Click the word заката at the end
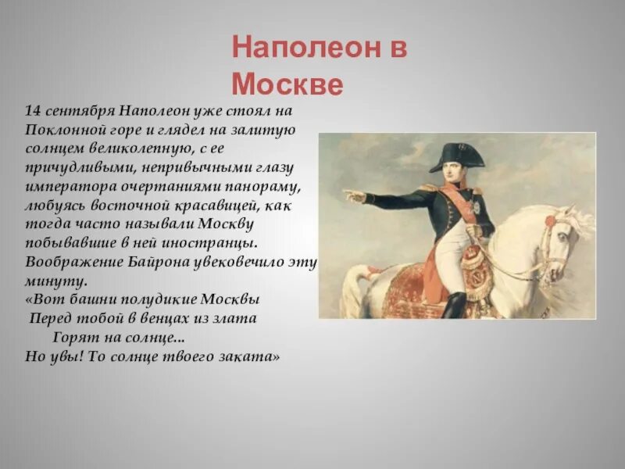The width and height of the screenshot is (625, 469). click(252, 355)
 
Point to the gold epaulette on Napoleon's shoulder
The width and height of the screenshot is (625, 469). click(428, 188)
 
